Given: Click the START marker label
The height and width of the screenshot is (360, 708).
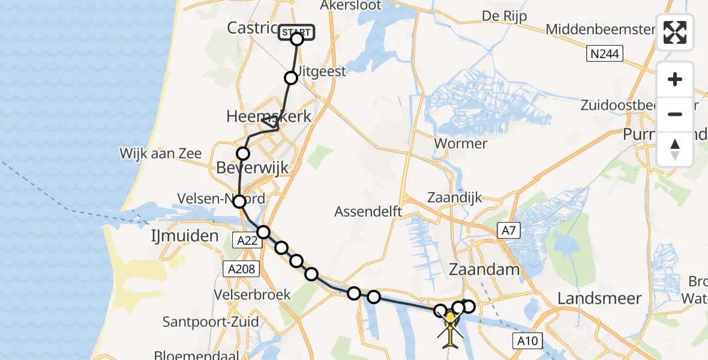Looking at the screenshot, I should click(296, 32).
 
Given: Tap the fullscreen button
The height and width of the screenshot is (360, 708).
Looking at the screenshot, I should click(675, 32).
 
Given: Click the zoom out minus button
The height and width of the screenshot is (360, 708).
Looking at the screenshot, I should click(675, 114).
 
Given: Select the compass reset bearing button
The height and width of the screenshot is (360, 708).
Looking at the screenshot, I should click(675, 149).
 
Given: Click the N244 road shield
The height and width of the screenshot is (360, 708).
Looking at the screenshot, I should click(605, 55).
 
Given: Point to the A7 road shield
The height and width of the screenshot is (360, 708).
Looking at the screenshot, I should click(509, 229).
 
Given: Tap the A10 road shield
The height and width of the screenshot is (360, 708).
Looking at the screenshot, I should click(528, 341).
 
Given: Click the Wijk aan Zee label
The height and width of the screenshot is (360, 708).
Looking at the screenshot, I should click(160, 154).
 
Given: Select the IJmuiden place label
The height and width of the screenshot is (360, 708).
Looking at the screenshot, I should click(184, 236).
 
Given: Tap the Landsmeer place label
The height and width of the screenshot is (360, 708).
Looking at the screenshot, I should click(599, 298).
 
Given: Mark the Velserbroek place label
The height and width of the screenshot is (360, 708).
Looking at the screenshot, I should click(251, 295).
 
